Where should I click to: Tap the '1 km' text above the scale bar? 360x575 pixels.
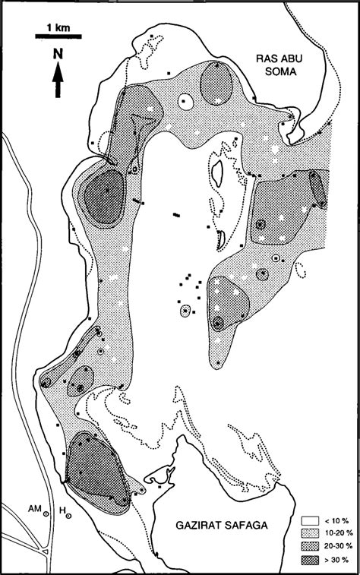pyautogui.click(x=58, y=28)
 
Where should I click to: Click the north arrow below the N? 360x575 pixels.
pyautogui.click(x=58, y=79)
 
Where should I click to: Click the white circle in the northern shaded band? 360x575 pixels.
pyautogui.click(x=185, y=103)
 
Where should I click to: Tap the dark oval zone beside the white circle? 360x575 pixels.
pyautogui.click(x=215, y=86)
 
